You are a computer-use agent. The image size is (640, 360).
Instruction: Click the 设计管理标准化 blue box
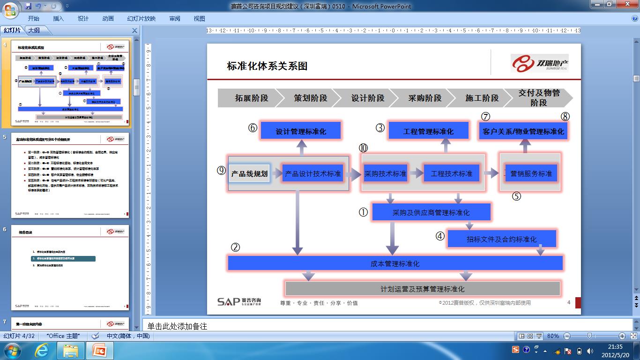300,131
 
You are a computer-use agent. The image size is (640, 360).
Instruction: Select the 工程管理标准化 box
428,131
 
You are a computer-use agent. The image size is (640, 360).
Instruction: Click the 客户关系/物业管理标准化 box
523,131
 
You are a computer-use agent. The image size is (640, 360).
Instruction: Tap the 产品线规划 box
249,173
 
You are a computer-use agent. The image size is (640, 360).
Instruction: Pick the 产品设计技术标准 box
313,173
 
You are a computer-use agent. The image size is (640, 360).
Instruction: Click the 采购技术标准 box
385,173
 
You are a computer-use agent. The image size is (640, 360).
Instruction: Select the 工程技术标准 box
451,173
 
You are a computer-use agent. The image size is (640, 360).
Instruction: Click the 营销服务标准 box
531,173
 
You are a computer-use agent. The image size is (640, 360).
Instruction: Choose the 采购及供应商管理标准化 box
431,212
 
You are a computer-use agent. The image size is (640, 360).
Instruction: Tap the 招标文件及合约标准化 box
501,239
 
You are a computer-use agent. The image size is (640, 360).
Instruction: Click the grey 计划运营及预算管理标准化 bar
422,289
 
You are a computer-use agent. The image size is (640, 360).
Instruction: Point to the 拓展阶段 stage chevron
251,98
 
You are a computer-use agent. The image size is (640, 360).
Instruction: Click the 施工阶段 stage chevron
482,98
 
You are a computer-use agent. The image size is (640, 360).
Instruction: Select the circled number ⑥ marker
253,127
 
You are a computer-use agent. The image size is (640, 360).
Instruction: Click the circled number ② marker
235,247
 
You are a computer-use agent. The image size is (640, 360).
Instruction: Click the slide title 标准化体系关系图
267,66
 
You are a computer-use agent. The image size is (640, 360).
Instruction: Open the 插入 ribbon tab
58,18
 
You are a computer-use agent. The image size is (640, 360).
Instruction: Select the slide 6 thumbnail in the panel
70,267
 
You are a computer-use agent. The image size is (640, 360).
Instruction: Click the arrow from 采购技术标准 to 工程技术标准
415,173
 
